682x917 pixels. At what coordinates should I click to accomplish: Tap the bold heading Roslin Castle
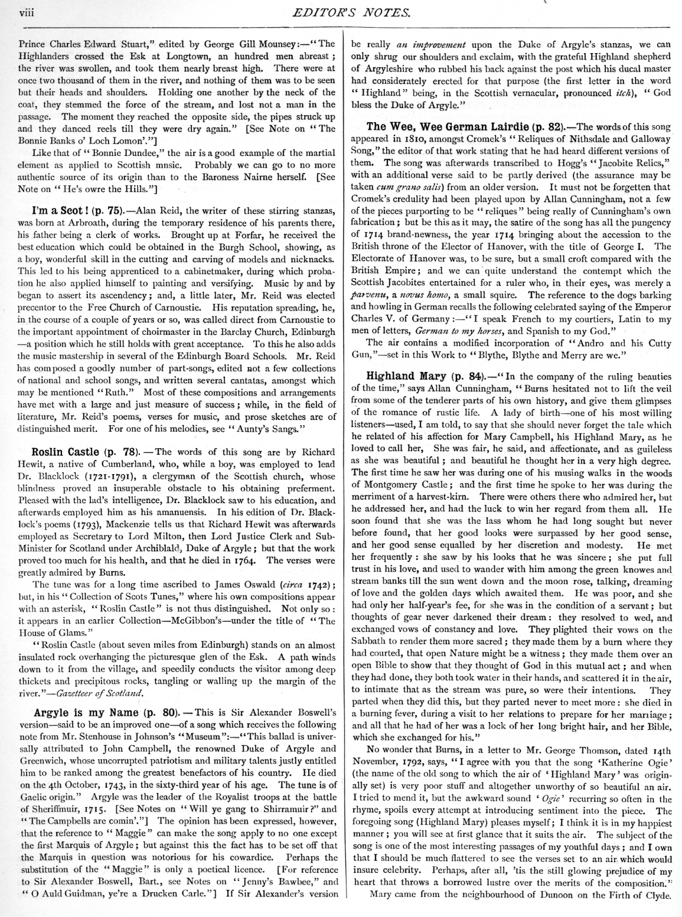coord(65,436)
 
